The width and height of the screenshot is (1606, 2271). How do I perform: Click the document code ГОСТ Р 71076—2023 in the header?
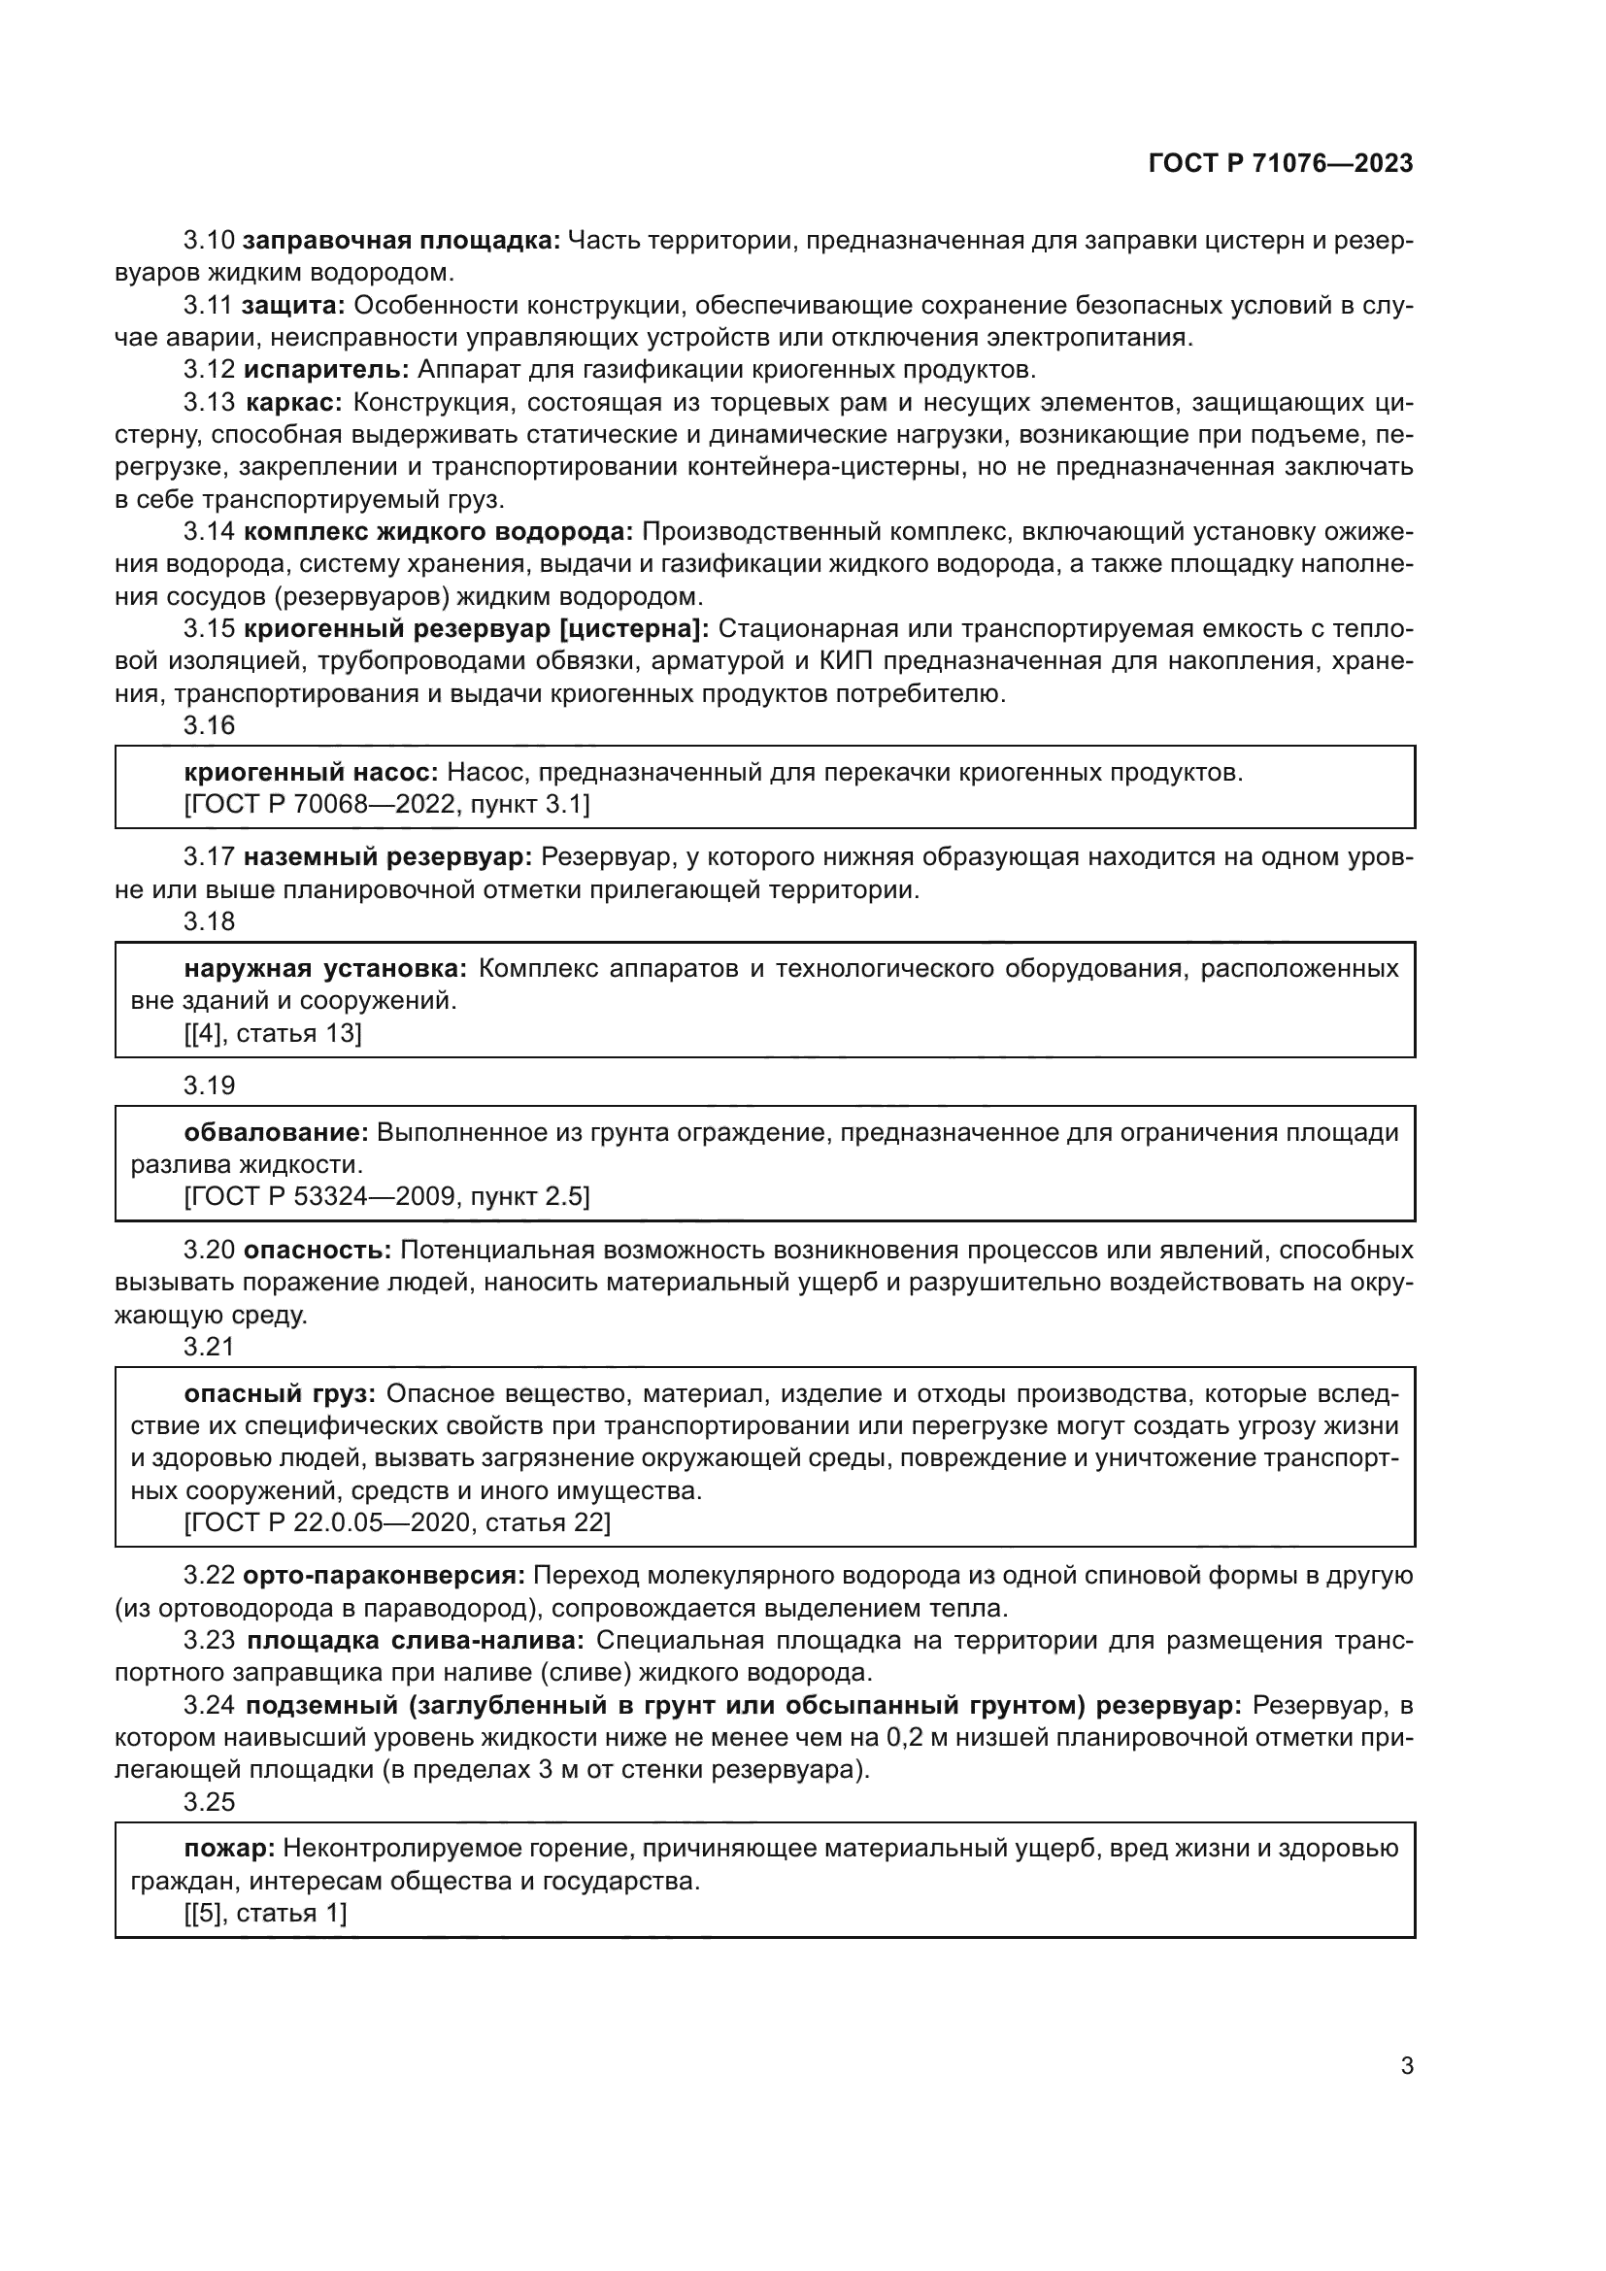[x=1281, y=164]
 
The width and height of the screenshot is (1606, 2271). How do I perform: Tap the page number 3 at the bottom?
[x=1406, y=2066]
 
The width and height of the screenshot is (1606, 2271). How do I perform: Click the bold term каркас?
[x=293, y=403]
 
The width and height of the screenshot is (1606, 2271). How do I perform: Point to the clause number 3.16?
[x=210, y=726]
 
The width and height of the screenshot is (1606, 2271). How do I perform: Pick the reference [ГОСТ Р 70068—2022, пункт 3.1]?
[x=386, y=804]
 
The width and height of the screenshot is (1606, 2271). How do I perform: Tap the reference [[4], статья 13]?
[x=273, y=1034]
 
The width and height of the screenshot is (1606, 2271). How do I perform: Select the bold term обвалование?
[x=276, y=1131]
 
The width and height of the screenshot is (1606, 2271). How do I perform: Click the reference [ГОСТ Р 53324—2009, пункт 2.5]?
[x=386, y=1197]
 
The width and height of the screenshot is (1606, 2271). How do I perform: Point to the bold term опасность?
[x=318, y=1251]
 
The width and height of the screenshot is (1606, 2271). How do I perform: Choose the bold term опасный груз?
[x=280, y=1393]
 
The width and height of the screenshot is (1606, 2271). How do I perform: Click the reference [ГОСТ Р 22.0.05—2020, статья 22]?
[x=397, y=1522]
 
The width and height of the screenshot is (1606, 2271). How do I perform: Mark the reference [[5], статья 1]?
[x=265, y=1913]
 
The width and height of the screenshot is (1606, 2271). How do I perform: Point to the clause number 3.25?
[x=210, y=1802]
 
